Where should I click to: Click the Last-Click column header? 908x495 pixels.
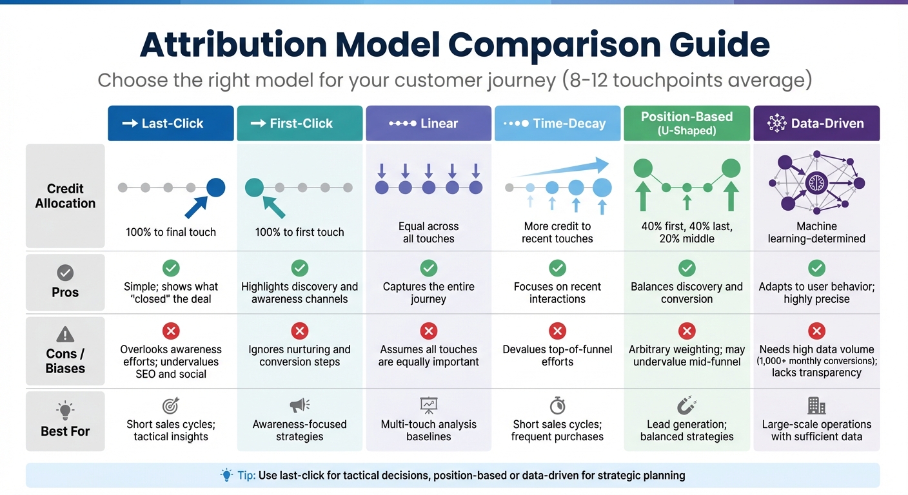coord(171,123)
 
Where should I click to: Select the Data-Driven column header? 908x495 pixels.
coord(816,123)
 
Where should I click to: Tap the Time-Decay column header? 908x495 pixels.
coord(557,123)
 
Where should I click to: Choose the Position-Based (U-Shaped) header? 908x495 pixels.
coord(687,122)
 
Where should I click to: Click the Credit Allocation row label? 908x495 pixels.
coord(65,196)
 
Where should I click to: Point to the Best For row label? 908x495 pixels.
coord(65,431)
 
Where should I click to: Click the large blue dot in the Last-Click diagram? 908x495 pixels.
coord(215,188)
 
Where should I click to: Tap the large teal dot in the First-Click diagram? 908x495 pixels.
coord(255,188)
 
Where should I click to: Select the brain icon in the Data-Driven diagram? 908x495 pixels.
coord(816,182)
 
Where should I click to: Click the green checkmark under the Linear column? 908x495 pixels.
coord(429,268)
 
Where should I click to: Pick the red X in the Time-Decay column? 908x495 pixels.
coord(557,331)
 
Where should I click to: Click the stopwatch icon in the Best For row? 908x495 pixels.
coord(557,405)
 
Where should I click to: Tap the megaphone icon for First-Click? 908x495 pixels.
coord(299,405)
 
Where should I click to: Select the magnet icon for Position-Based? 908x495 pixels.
coord(687,405)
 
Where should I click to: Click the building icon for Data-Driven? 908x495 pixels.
coord(816,405)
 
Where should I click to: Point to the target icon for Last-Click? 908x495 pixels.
coord(171,405)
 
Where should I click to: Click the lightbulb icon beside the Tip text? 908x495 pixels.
coord(226,475)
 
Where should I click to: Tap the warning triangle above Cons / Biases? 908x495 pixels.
coord(65,334)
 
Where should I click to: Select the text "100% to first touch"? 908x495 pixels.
coord(299,232)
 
